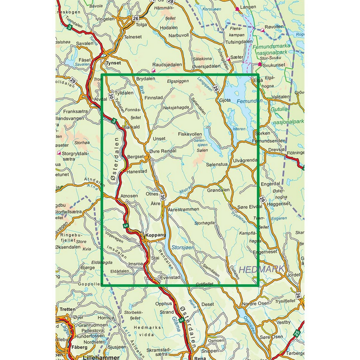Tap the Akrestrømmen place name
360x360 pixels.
(183, 210)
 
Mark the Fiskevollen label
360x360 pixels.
(190, 134)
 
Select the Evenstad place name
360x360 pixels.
(170, 278)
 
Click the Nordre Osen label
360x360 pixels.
(256, 303)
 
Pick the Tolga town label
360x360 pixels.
(141, 24)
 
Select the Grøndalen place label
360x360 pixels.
(218, 190)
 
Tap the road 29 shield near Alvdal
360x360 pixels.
(72, 81)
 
